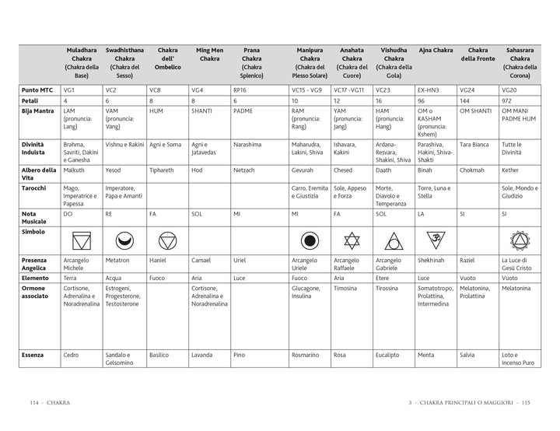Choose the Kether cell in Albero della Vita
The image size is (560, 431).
pyautogui.click(x=510, y=169)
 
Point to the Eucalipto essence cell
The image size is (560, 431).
pyautogui.click(x=390, y=355)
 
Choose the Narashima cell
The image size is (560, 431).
pyautogui.click(x=247, y=144)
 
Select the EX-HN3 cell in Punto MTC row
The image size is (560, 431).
pyautogui.click(x=429, y=90)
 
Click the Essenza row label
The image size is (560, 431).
pyautogui.click(x=33, y=355)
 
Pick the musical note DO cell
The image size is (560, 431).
pyautogui.click(x=68, y=213)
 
